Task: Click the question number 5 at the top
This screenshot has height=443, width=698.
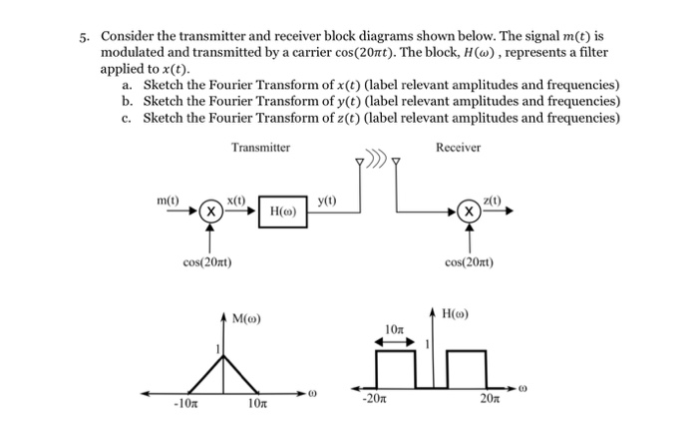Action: [85, 35]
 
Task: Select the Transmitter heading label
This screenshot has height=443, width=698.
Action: [260, 148]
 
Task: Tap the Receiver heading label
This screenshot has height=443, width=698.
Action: [458, 148]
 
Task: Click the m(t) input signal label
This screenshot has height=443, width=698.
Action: [169, 203]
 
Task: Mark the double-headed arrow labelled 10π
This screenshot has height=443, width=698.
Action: [394, 341]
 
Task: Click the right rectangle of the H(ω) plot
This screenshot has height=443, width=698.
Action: [465, 368]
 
